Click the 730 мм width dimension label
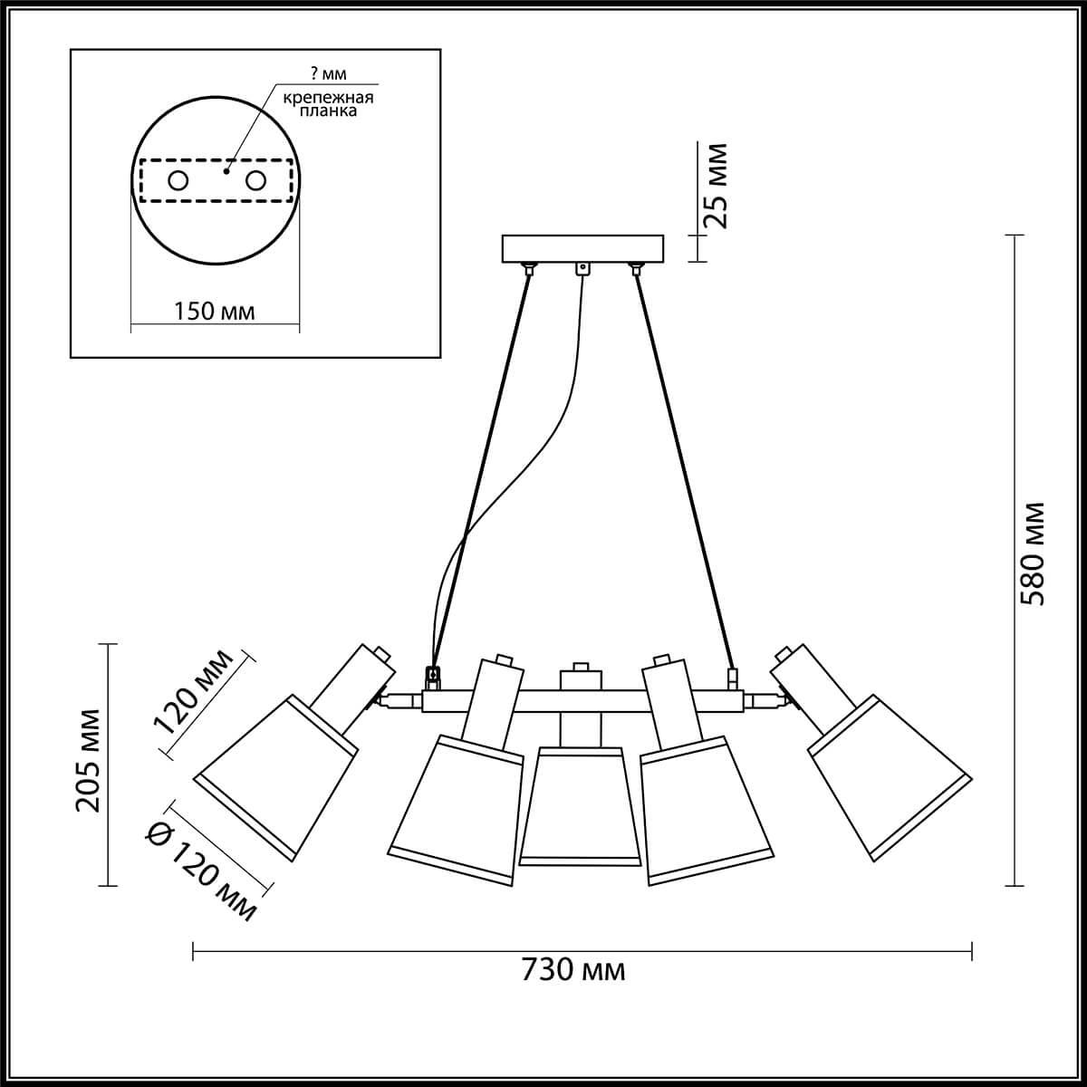click(x=573, y=970)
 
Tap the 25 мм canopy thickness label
click(x=715, y=186)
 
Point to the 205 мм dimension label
click(x=88, y=760)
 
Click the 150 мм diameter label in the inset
click(x=214, y=312)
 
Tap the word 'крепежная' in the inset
click(x=328, y=98)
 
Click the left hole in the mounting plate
click(x=178, y=181)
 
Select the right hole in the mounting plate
click(x=256, y=181)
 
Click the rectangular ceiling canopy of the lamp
click(x=582, y=248)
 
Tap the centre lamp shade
click(x=580, y=806)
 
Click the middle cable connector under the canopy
click(x=582, y=268)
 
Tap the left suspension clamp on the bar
click(x=433, y=675)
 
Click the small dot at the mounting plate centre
click(x=228, y=167)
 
